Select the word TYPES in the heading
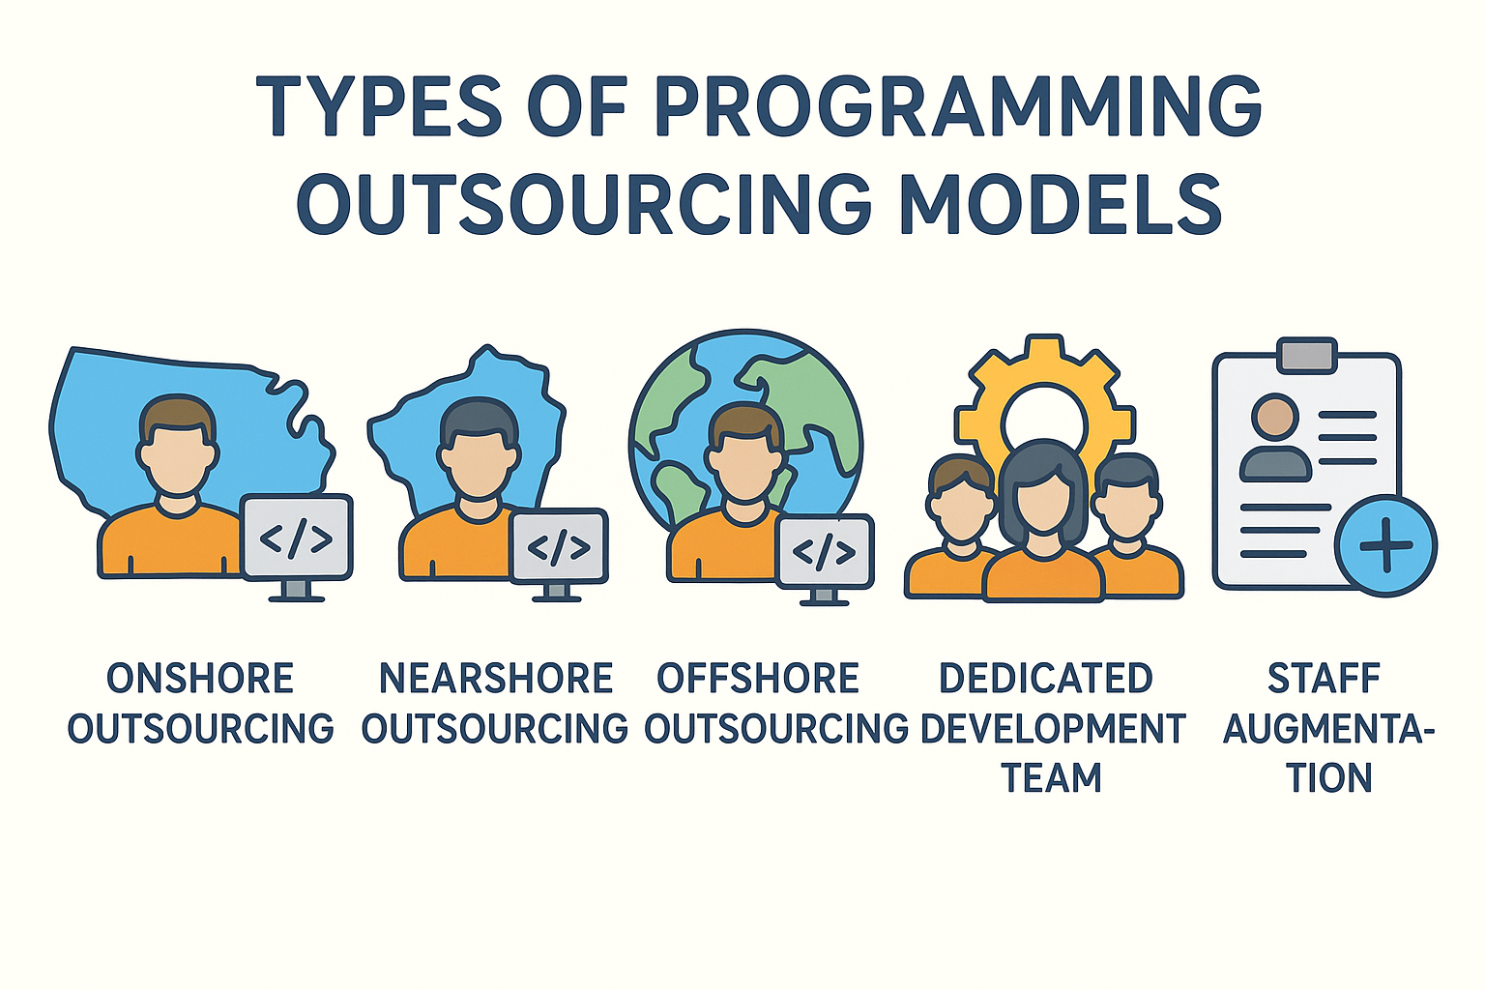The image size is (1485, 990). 378,106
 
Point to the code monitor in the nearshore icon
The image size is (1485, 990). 559,555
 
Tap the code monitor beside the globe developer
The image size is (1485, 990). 824,559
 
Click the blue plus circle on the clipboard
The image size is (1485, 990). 1385,545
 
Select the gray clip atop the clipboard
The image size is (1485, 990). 1307,355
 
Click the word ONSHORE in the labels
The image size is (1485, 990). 200,679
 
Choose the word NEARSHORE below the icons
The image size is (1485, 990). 495,679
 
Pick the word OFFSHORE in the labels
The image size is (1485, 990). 758,679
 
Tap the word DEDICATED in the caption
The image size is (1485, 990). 1046,679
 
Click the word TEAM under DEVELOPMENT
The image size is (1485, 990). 1052,778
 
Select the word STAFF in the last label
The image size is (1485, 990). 1324,679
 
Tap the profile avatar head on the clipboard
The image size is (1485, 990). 1275,417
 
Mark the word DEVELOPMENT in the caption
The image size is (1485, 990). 1052,728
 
